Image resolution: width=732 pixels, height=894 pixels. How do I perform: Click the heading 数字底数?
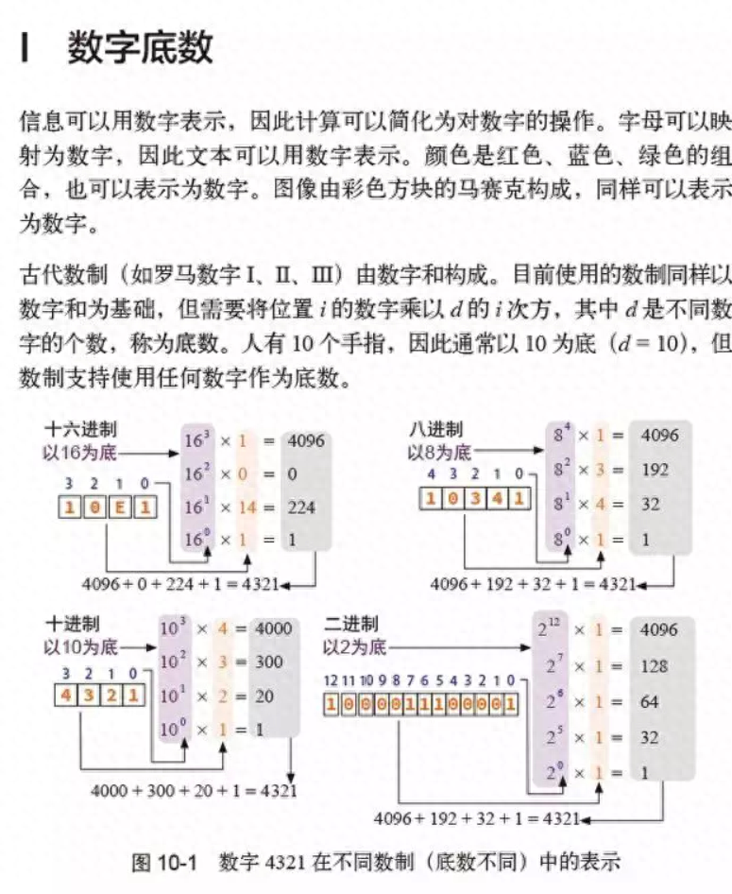140,48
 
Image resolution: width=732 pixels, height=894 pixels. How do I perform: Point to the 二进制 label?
350,625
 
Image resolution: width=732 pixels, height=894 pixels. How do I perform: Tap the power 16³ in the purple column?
199,440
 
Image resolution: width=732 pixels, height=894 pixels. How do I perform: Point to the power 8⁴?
562,436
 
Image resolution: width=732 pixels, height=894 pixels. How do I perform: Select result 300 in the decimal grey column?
270,662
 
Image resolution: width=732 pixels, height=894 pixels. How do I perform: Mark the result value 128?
653,667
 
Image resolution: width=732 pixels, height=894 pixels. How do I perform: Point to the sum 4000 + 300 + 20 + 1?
193,789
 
